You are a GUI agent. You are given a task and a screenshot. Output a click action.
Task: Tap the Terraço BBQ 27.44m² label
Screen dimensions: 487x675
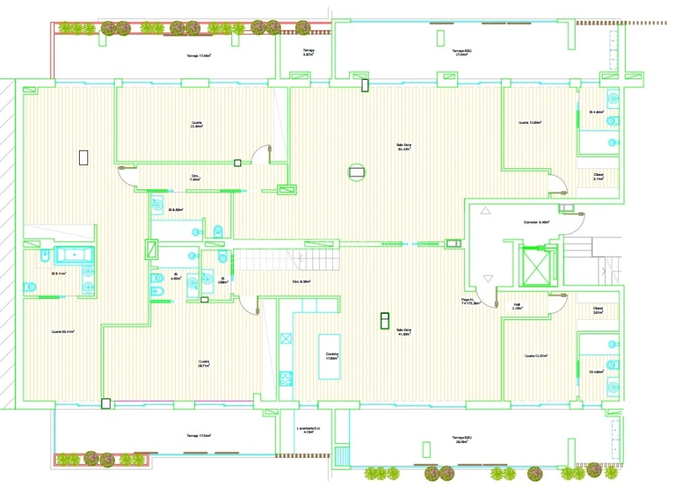coord(462,53)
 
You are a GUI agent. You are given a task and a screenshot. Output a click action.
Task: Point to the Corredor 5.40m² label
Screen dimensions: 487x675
coord(536,222)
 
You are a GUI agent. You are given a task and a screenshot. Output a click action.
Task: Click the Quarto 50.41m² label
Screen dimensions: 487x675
coord(63,331)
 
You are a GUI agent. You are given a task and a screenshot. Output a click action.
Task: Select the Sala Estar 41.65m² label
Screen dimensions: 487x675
coord(404,332)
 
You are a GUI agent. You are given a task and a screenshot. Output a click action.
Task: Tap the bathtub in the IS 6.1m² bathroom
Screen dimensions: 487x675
coord(74,255)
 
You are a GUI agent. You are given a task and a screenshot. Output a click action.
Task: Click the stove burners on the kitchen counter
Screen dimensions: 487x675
coord(285,378)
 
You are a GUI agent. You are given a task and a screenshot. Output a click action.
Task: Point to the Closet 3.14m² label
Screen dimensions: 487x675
coord(599,177)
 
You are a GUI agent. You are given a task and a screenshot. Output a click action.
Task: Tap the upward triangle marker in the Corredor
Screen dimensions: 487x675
coord(485,211)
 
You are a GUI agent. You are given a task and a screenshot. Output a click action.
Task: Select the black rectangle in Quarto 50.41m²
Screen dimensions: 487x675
coord(84,157)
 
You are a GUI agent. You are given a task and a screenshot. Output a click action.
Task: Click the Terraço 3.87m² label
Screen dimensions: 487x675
coord(308,53)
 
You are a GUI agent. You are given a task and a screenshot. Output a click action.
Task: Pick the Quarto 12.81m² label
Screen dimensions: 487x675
coord(536,356)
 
